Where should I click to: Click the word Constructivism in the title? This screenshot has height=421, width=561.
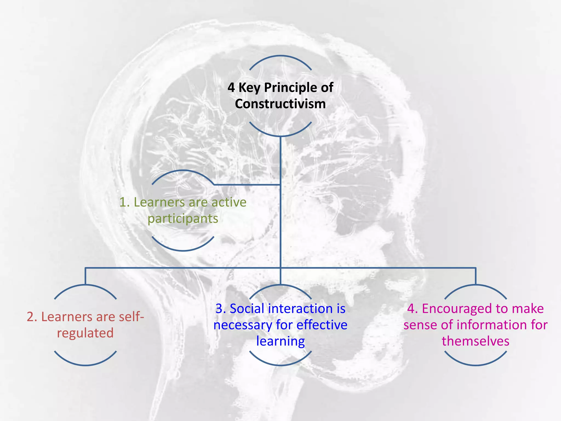point(280,104)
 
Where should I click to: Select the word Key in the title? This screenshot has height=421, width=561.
point(249,88)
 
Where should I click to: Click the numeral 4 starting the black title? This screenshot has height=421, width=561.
point(231,88)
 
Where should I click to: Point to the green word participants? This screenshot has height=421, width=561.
point(183,219)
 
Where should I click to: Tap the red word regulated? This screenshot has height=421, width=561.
point(85,333)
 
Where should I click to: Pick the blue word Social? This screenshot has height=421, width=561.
point(247,309)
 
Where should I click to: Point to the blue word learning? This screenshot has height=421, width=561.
point(280,341)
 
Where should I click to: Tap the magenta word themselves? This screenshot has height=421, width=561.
point(476,341)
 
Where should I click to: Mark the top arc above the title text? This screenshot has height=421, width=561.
point(280,56)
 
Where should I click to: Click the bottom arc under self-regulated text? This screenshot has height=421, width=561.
point(85,365)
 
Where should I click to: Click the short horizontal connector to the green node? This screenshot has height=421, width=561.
point(247,185)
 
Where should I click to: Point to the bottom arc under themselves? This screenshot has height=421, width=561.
point(476,365)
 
